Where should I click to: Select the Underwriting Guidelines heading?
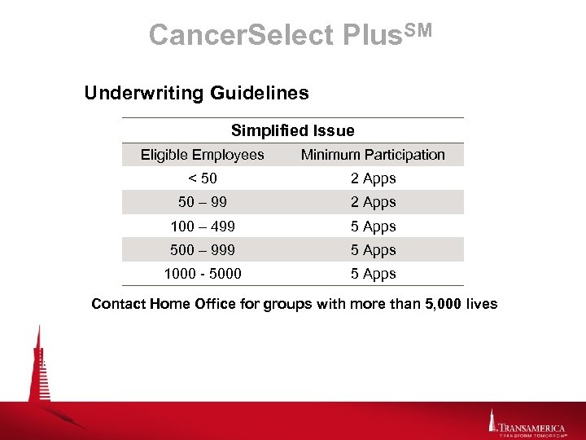[196, 93]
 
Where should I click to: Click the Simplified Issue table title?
[292, 130]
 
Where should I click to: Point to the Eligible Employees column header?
[202, 155]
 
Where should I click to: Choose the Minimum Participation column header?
[373, 155]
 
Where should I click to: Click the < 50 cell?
[202, 178]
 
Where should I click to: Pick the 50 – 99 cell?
[202, 202]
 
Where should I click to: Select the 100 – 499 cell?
[202, 227]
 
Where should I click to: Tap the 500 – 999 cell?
[202, 250]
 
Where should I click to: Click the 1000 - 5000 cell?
[202, 274]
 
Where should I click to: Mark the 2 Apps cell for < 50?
[373, 178]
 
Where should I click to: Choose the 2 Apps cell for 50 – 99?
[373, 202]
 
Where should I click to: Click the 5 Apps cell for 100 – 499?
[373, 227]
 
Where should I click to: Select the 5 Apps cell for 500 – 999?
[373, 250]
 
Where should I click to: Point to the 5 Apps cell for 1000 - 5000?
[373, 274]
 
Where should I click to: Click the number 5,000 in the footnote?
[445, 304]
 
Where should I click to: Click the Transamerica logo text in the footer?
[532, 426]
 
